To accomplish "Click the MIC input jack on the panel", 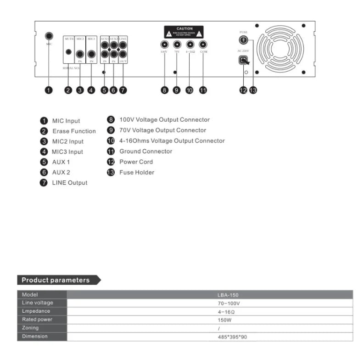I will pyautogui.click(x=50, y=36).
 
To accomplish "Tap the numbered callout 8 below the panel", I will pyautogui.click(x=165, y=90).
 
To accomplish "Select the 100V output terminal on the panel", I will pyautogui.click(x=164, y=45).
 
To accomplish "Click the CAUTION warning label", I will pyautogui.click(x=184, y=32).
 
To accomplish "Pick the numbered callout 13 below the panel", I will pyautogui.click(x=253, y=90).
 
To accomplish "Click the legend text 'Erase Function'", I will pyautogui.click(x=74, y=131).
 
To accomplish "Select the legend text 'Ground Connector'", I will pyautogui.click(x=146, y=151).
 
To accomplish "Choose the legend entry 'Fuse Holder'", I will pyautogui.click(x=137, y=172).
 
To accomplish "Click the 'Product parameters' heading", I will pyautogui.click(x=56, y=280).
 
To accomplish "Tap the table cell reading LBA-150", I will pyautogui.click(x=228, y=295).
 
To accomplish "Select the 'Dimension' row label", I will pyautogui.click(x=34, y=337).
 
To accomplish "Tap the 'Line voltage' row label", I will pyautogui.click(x=38, y=303).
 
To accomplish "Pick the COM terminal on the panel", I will pyautogui.click(x=204, y=45).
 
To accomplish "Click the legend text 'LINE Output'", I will pyautogui.click(x=69, y=183).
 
